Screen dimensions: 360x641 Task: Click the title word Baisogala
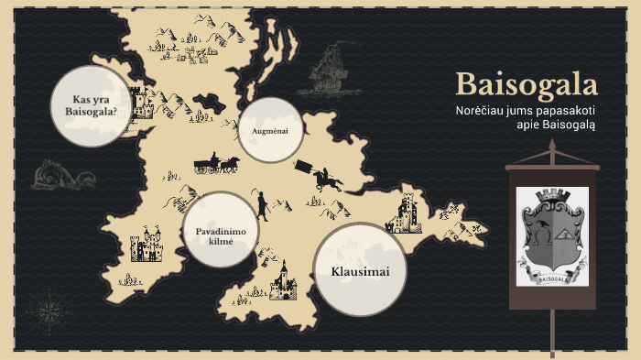point(527,84)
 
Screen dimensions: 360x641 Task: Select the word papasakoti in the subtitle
point(566,111)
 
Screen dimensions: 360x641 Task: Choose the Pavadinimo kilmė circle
point(221,230)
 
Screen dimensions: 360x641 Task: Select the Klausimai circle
point(360,271)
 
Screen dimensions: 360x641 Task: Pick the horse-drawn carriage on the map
point(216,164)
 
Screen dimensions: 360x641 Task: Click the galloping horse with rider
point(326,179)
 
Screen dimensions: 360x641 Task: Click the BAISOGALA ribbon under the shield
point(551,278)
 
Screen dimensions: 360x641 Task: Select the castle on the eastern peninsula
point(404,214)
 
